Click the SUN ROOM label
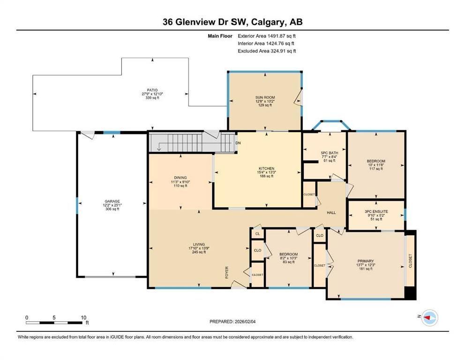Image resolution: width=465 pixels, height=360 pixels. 265,97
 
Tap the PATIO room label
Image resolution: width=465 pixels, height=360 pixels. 152,90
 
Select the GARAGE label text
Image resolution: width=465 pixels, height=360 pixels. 112,202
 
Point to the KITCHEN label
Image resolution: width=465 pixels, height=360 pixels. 266,168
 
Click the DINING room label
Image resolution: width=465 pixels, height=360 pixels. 180,178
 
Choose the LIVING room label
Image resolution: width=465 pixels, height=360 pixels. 199,244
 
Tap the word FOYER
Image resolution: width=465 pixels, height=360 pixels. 227,272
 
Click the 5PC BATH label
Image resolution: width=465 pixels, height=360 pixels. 330,153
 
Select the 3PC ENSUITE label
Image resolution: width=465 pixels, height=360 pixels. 376,212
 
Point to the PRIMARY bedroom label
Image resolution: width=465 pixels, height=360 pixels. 365,261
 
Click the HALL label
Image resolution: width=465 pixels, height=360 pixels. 331,213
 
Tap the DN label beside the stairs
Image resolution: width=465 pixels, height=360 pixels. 238,143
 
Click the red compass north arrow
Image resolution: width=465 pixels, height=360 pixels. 427,317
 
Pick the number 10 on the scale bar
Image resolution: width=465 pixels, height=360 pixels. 83,318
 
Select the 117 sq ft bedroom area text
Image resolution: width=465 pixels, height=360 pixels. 376,169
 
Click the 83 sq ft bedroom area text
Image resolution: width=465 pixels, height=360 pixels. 289,262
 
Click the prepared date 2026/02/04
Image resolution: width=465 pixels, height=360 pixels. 245,322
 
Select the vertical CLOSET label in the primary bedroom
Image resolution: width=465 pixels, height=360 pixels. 411,261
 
